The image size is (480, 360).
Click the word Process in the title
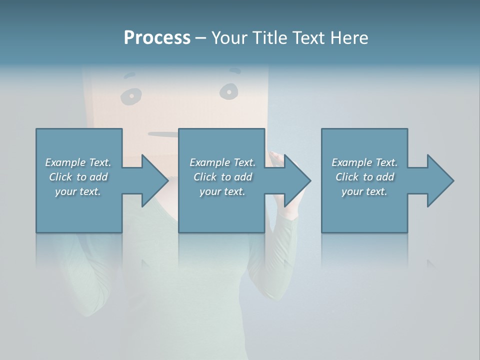pos(157,38)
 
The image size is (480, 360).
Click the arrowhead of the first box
pos(154,180)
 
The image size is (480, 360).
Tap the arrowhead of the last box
pos(440,180)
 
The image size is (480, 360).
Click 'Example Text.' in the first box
pos(78,162)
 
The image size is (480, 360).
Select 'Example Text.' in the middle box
pos(222,162)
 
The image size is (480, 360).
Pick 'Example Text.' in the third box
pos(364,162)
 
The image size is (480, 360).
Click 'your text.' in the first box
pos(78,191)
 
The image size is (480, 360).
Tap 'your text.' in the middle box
pos(222,191)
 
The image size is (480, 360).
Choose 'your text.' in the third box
pos(364,191)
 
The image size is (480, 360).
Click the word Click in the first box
pos(60,177)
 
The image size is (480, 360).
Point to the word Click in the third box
pos(347,177)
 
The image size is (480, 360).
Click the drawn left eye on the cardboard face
pos(131,95)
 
